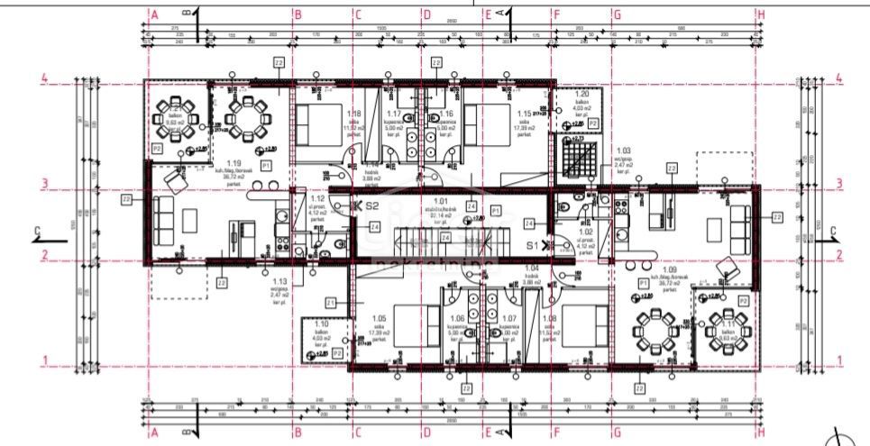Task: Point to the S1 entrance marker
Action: coord(532,245)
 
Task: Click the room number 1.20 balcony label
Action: coord(582,94)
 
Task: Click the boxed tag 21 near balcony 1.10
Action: coord(331,302)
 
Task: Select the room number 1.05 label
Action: coord(379,318)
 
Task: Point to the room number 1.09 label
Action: coord(669,269)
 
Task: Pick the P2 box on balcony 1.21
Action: coord(156,148)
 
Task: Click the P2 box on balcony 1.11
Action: coord(744,299)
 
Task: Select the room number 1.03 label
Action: coord(623,151)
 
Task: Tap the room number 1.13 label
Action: coord(279,280)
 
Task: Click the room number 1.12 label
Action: coord(316,198)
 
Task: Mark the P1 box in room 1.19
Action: coord(266,167)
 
